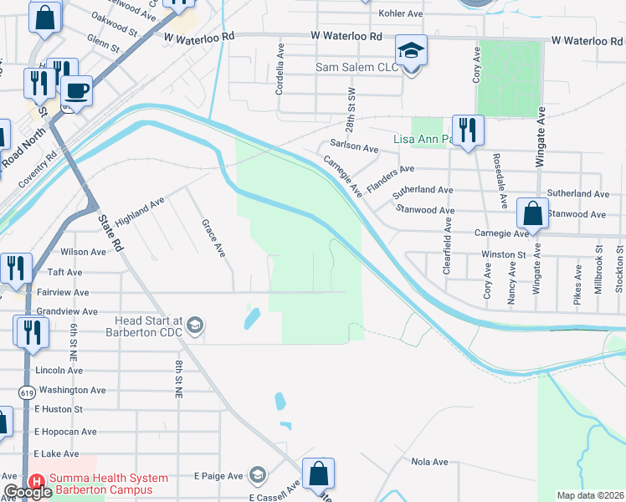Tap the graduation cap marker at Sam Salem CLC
coord(411,50)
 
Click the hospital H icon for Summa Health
coord(36,482)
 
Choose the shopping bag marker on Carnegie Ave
coord(532,214)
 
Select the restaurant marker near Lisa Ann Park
coord(467,131)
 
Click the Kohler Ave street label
coord(401,14)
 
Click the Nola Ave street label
coord(430,461)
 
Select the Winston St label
coord(502,254)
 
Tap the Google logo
coord(28,493)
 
